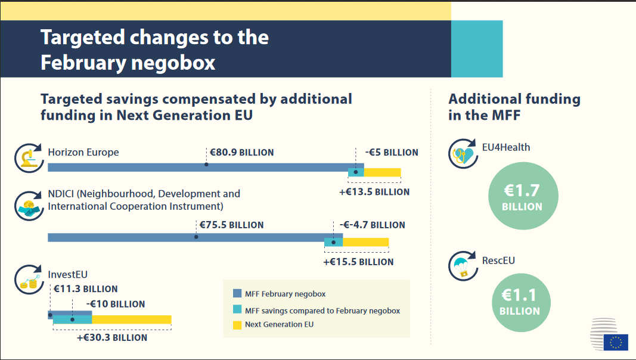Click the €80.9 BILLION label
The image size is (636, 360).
click(x=241, y=153)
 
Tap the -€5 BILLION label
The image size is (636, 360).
click(x=392, y=153)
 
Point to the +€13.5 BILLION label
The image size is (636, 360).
click(x=374, y=192)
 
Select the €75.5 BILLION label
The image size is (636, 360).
click(x=229, y=225)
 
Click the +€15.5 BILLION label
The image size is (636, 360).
click(x=358, y=262)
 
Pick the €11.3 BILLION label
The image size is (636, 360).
click(x=85, y=289)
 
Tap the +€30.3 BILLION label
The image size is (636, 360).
click(x=112, y=337)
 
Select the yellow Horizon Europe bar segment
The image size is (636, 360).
click(x=382, y=173)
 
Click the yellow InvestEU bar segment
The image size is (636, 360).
click(x=131, y=319)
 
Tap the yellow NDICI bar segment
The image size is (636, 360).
click(x=365, y=242)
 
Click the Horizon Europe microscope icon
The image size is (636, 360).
click(x=27, y=158)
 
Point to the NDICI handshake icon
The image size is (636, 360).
click(x=27, y=206)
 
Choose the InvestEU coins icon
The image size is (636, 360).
click(x=27, y=280)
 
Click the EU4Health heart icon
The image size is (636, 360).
click(x=463, y=154)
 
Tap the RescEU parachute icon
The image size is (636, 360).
click(x=463, y=268)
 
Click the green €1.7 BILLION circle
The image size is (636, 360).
click(x=523, y=197)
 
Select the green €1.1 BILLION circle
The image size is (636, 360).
click(x=520, y=300)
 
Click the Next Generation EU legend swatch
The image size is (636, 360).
click(x=237, y=325)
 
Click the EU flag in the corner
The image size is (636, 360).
click(x=615, y=342)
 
